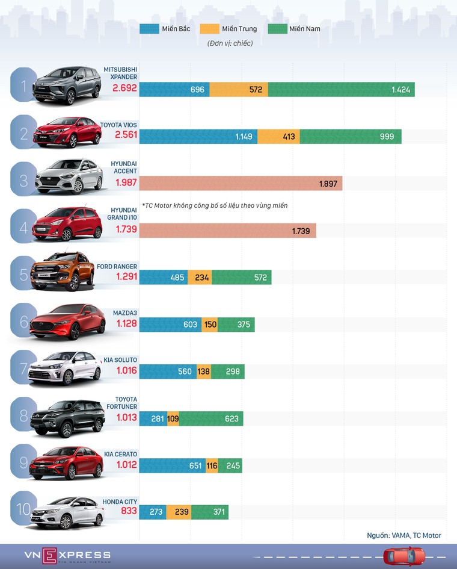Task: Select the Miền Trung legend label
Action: [x=239, y=29]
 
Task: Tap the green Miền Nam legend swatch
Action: [x=277, y=28]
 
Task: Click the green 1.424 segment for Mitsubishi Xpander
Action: [x=341, y=90]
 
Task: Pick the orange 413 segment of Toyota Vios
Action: [x=278, y=137]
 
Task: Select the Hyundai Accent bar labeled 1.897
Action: [x=241, y=184]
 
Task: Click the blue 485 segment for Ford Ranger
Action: [x=164, y=278]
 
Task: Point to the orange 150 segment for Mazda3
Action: [x=209, y=325]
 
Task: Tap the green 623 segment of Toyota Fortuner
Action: [x=211, y=418]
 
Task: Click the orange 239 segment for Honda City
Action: [x=179, y=512]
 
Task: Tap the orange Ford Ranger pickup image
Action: [x=63, y=272]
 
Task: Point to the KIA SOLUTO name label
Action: [x=120, y=360]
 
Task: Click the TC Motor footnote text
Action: [x=215, y=205]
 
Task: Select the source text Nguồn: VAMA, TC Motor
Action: [x=403, y=535]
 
